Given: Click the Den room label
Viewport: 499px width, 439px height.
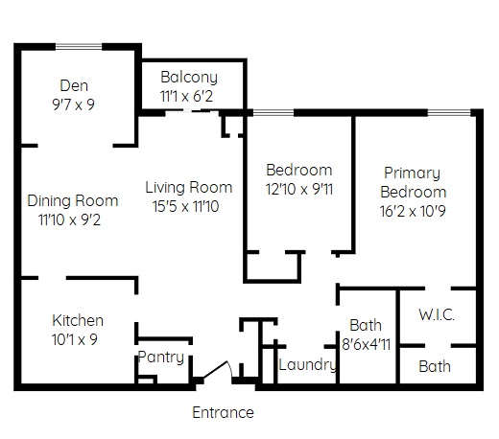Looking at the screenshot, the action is pyautogui.click(x=74, y=85).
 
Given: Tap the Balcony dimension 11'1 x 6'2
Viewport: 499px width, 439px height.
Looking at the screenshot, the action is pyautogui.click(x=186, y=96).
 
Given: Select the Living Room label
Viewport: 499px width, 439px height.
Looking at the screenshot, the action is pyautogui.click(x=189, y=187).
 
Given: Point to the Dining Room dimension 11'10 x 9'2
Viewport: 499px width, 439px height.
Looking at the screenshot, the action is pyautogui.click(x=69, y=219).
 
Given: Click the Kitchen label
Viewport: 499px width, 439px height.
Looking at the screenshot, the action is pyautogui.click(x=78, y=320).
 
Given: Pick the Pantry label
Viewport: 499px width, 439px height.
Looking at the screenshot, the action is pyautogui.click(x=161, y=357).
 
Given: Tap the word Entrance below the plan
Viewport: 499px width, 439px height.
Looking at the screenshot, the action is pyautogui.click(x=224, y=412).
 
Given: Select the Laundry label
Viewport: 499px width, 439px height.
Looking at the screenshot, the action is pyautogui.click(x=308, y=365).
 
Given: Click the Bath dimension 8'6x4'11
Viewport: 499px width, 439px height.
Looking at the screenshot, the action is pyautogui.click(x=367, y=344).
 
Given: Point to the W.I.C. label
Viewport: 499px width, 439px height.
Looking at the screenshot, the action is pyautogui.click(x=437, y=315).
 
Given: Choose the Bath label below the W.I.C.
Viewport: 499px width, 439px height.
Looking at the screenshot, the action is pyautogui.click(x=435, y=366).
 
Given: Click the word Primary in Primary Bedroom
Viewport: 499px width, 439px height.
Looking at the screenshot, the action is pyautogui.click(x=412, y=173).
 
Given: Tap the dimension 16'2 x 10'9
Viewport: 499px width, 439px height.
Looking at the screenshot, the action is pyautogui.click(x=413, y=211).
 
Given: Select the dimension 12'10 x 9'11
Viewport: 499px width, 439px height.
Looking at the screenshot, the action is pyautogui.click(x=299, y=189).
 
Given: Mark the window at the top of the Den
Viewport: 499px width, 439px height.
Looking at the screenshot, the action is pyautogui.click(x=79, y=47).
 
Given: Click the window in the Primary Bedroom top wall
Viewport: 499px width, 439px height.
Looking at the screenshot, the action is pyautogui.click(x=449, y=112).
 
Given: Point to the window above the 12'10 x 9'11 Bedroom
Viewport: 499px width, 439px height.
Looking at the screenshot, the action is pyautogui.click(x=273, y=112).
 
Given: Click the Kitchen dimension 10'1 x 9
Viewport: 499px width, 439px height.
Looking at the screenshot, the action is pyautogui.click(x=75, y=339).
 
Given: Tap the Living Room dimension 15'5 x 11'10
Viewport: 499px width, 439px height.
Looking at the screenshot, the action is pyautogui.click(x=186, y=206).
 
